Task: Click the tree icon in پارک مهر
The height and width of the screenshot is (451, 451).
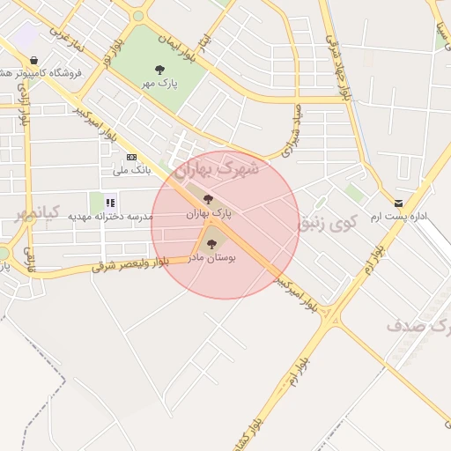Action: coord(159,69)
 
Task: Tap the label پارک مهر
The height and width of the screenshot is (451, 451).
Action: coord(159,83)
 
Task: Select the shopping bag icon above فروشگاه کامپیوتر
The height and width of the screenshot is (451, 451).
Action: coord(33,61)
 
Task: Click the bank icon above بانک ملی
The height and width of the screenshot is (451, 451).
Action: coord(131,158)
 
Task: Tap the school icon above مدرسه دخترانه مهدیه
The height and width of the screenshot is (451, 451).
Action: coord(111,203)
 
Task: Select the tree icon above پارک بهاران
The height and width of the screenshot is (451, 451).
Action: coord(208,199)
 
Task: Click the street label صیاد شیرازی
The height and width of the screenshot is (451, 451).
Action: coord(292,132)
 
